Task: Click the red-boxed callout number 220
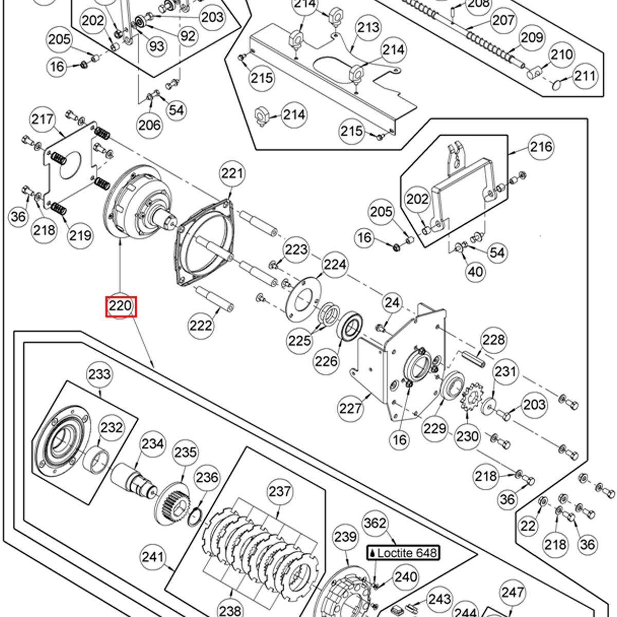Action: pyautogui.click(x=121, y=307)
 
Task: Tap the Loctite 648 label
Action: pyautogui.click(x=403, y=553)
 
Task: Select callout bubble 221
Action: pyautogui.click(x=232, y=174)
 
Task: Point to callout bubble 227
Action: pyautogui.click(x=351, y=408)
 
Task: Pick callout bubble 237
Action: pyautogui.click(x=280, y=492)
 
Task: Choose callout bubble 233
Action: pyautogui.click(x=99, y=373)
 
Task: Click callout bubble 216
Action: pyautogui.click(x=541, y=147)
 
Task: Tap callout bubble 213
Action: pyautogui.click(x=368, y=27)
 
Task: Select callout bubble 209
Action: pyautogui.click(x=532, y=38)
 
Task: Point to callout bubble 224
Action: pyautogui.click(x=335, y=265)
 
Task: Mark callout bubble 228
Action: pyautogui.click(x=493, y=340)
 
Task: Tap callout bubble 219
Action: pyautogui.click(x=81, y=235)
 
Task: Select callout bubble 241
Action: pyautogui.click(x=153, y=557)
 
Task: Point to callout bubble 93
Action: pyautogui.click(x=157, y=46)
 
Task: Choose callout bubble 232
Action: pyautogui.click(x=112, y=428)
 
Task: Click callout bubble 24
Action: pyautogui.click(x=392, y=303)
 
